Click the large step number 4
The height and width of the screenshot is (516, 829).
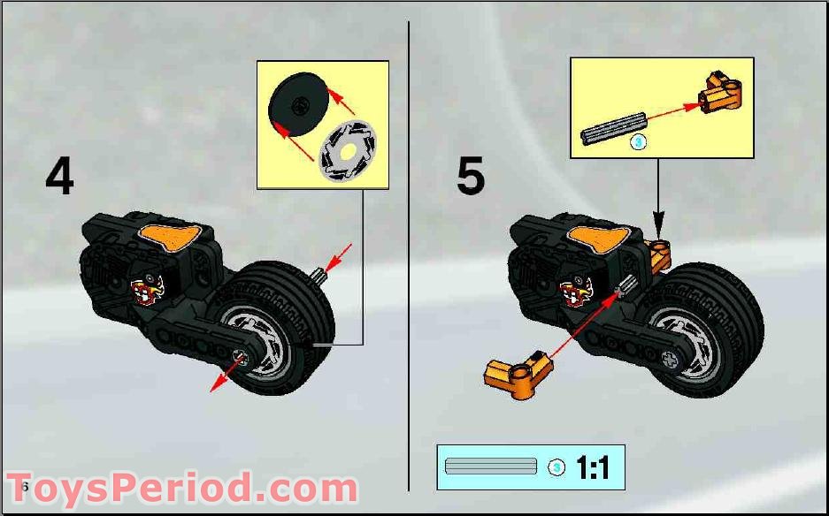tap(59, 178)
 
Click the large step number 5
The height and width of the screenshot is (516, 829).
tap(470, 178)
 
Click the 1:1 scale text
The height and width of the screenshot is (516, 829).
tap(592, 467)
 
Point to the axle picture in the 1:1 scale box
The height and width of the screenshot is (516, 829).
tap(492, 467)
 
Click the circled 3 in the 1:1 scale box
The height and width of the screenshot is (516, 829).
tap(556, 467)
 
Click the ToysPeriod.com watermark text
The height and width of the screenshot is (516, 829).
tap(181, 489)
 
